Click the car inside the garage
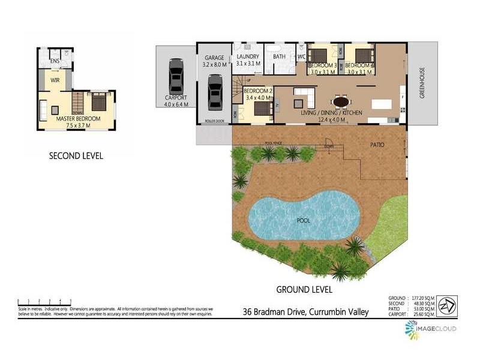point(215,94)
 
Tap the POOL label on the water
point(304,220)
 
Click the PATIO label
point(377,145)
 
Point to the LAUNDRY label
point(248,56)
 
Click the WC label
point(301,57)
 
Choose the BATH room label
point(279,57)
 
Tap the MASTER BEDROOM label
point(78,119)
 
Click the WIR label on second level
point(55,80)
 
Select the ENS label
point(55,61)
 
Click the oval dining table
point(341,101)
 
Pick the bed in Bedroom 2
point(262,108)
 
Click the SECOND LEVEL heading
point(76,156)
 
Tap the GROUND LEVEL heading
point(304,289)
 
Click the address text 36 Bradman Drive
point(305,311)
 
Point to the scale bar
point(45,301)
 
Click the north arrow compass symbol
point(445,305)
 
